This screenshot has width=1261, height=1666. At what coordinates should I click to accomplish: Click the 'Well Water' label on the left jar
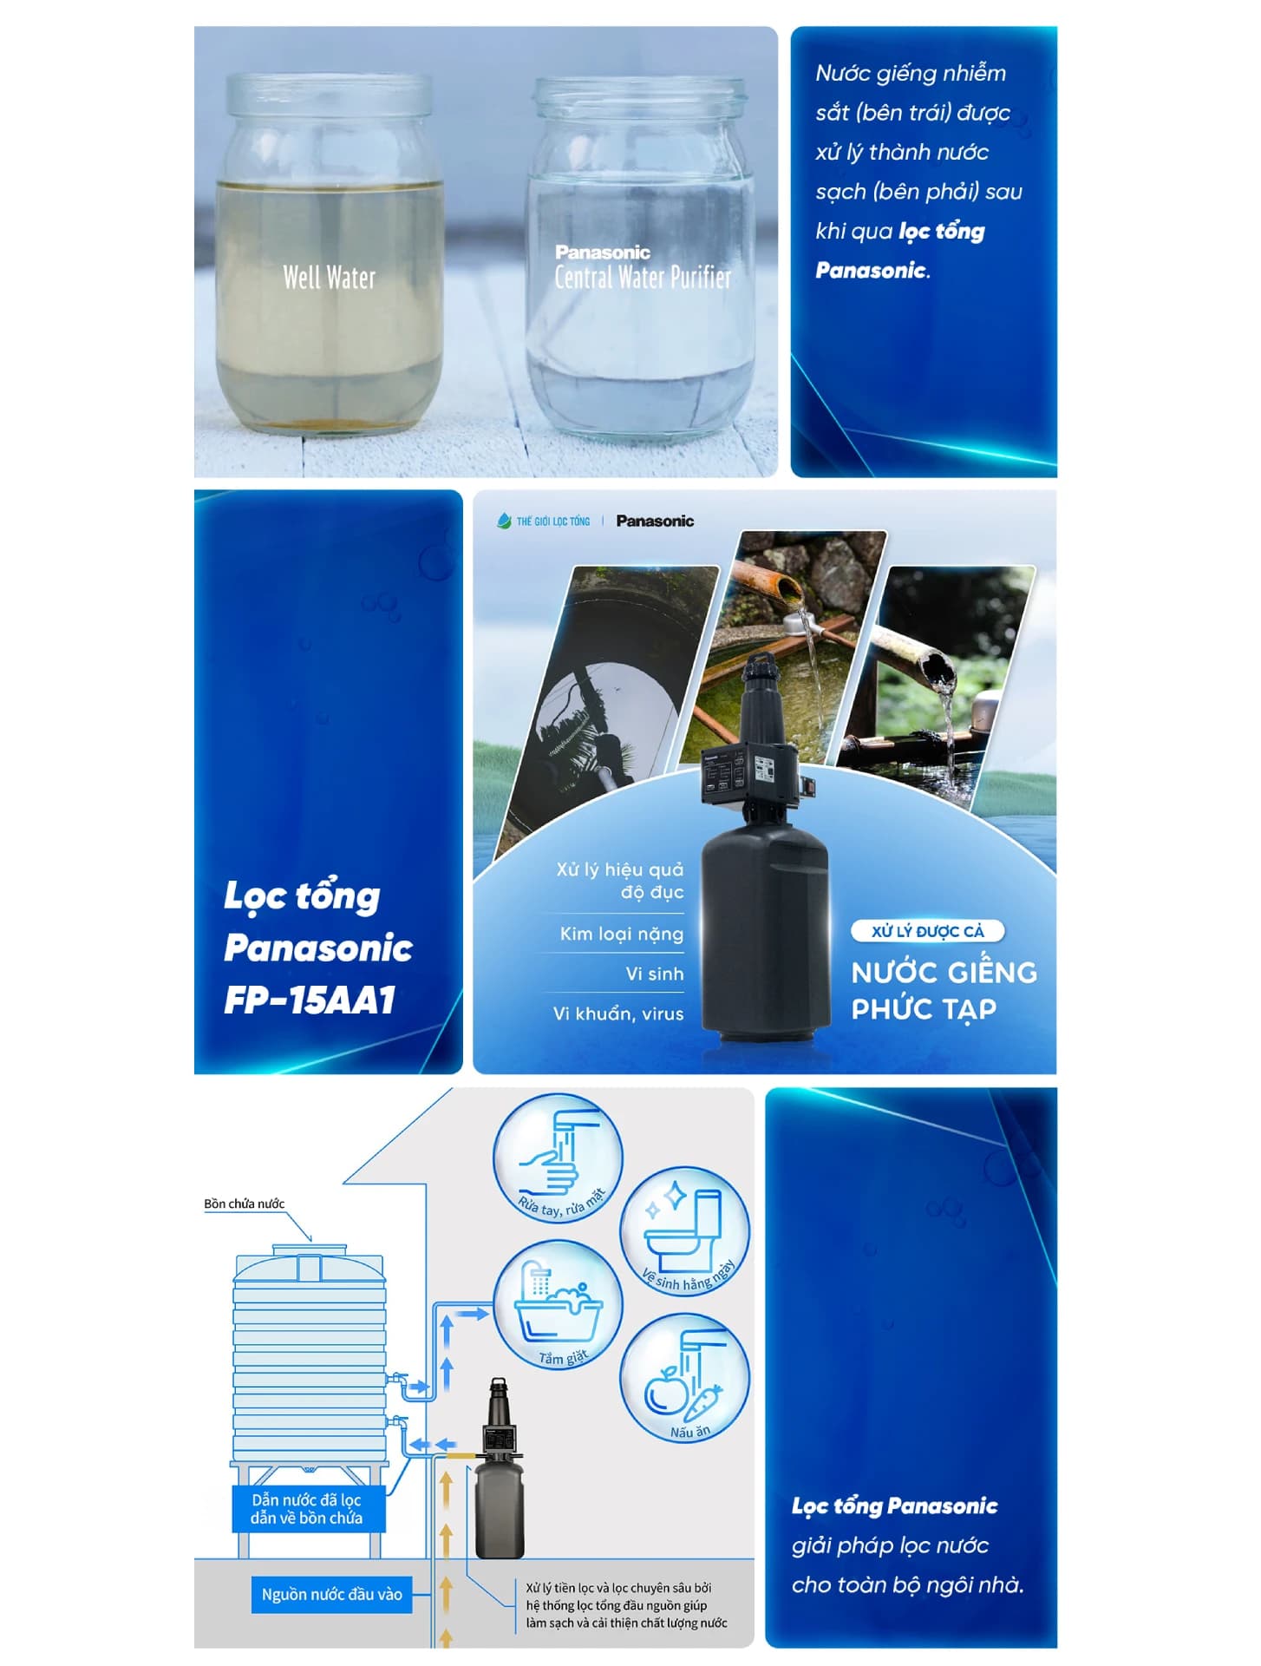pyautogui.click(x=329, y=278)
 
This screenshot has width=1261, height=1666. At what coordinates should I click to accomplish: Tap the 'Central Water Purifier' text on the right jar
pyautogui.click(x=643, y=278)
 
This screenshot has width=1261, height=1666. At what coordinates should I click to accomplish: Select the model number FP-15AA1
pyautogui.click(x=310, y=1000)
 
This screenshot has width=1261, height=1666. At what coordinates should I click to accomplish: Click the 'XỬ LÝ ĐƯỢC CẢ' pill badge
pyautogui.click(x=927, y=931)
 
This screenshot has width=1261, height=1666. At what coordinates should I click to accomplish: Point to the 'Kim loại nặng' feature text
pyautogui.click(x=621, y=935)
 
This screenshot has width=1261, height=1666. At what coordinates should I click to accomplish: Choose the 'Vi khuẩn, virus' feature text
pyautogui.click(x=618, y=1013)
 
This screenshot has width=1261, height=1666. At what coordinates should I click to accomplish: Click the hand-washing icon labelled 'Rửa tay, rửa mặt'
pyautogui.click(x=558, y=1158)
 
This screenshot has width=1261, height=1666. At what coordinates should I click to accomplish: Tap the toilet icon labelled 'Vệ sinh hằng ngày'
pyautogui.click(x=684, y=1231)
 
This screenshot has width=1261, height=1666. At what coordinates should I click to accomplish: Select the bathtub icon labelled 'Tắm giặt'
pyautogui.click(x=558, y=1305)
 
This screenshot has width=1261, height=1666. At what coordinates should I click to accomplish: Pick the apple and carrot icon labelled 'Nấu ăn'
pyautogui.click(x=684, y=1379)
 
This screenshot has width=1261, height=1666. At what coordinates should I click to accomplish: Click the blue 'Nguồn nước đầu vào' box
pyautogui.click(x=331, y=1594)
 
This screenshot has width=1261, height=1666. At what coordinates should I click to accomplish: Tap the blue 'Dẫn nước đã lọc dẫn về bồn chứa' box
pyautogui.click(x=308, y=1509)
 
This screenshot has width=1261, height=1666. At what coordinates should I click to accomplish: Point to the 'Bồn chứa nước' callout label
pyautogui.click(x=245, y=1204)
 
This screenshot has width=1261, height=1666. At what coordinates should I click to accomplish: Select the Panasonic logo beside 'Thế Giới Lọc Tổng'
pyautogui.click(x=655, y=521)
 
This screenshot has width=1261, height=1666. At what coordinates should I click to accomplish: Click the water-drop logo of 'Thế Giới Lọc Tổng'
pyautogui.click(x=504, y=521)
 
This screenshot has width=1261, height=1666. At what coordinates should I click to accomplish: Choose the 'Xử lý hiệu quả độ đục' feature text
pyautogui.click(x=620, y=881)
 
